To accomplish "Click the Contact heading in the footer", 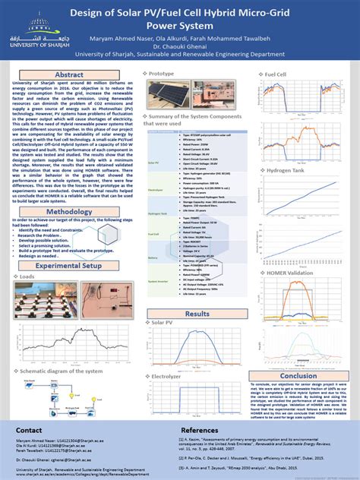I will coord(30,429).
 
